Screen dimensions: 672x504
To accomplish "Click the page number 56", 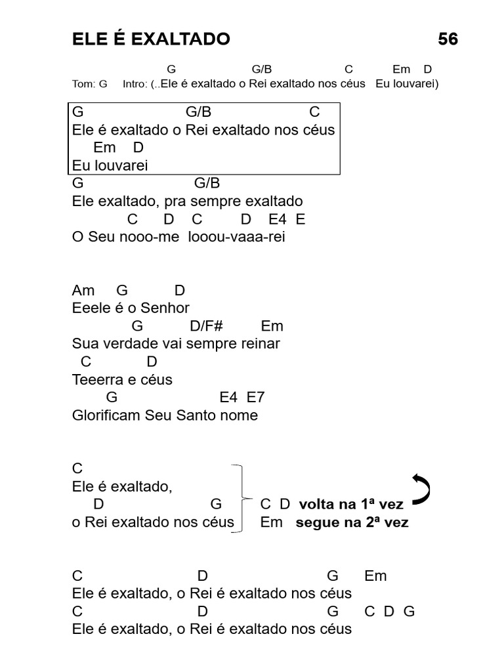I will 448,39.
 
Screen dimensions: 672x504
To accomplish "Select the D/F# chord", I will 207,326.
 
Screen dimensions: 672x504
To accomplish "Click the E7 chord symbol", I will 255,397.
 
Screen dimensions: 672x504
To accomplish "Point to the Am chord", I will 83,291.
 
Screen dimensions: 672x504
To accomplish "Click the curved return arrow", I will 421,489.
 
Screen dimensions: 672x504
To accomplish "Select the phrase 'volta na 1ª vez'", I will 351,505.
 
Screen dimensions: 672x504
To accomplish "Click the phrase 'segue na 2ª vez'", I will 352,523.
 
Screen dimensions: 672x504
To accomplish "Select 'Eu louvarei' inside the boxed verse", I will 110,165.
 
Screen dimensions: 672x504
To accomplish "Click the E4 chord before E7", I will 228,397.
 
